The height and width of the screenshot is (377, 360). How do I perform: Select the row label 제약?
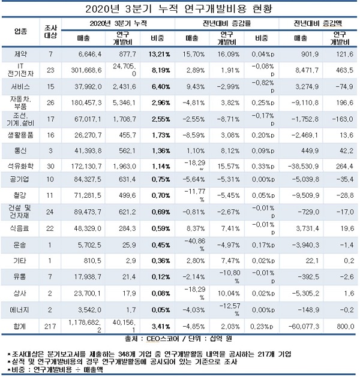(x=22, y=54)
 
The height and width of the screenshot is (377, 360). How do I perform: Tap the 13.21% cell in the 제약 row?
(x=160, y=54)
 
